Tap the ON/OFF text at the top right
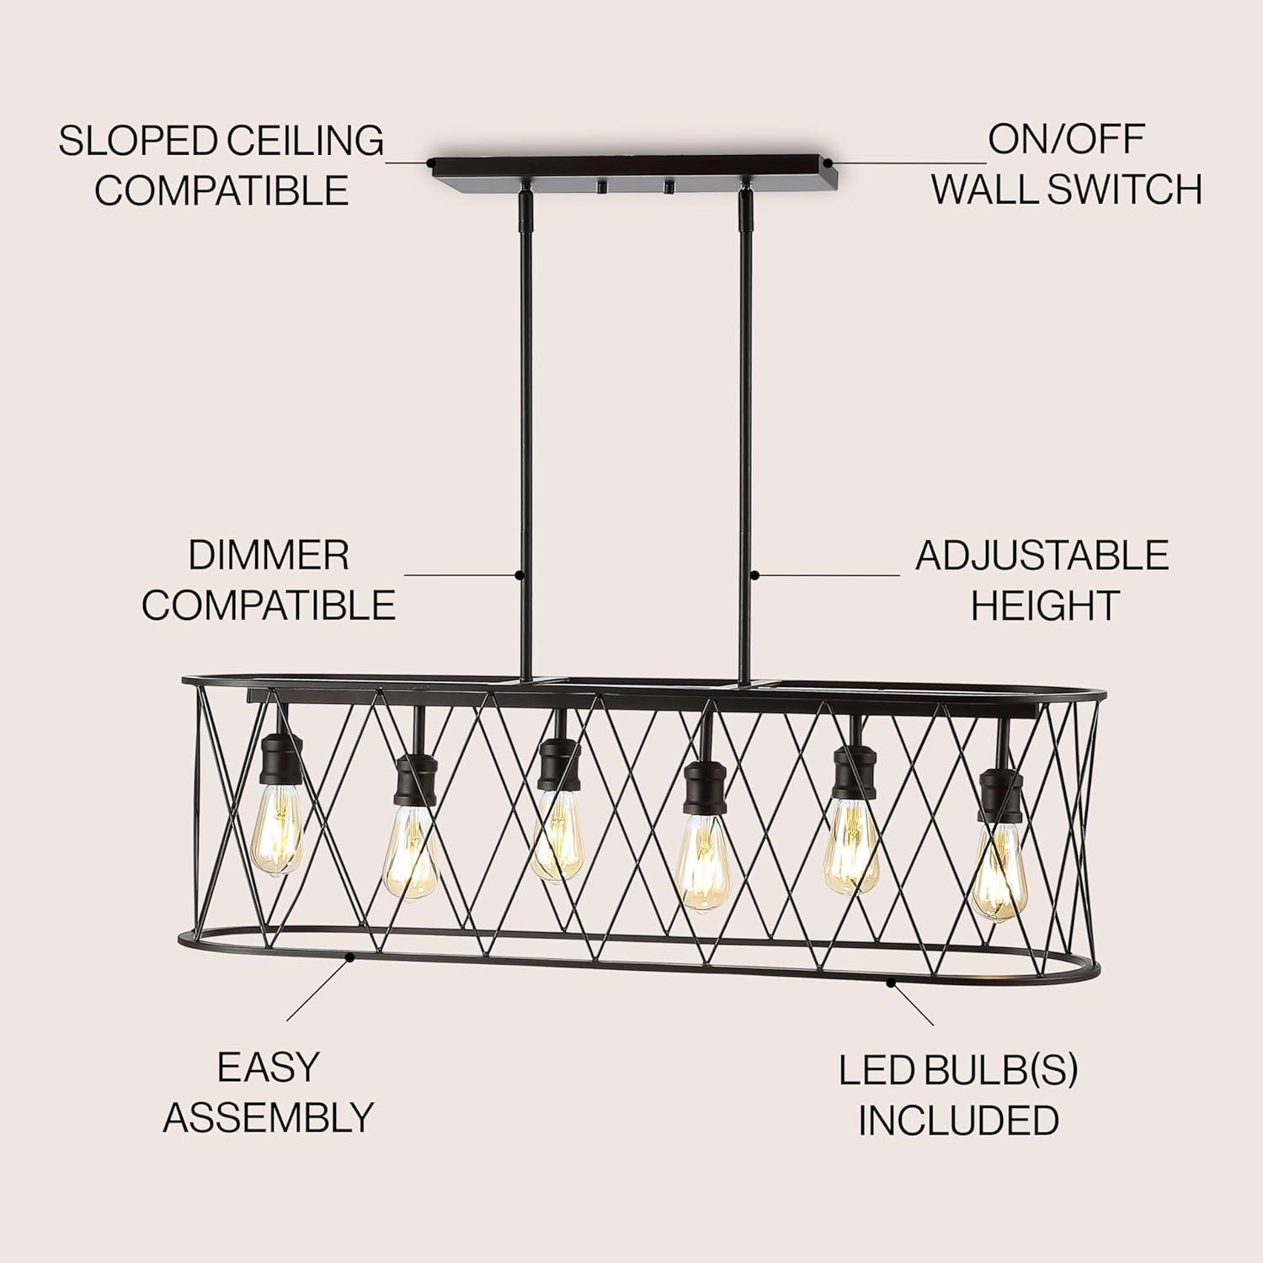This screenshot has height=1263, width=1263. tap(1066, 140)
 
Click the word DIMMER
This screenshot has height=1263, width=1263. tap(268, 556)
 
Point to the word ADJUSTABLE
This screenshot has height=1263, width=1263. tap(1042, 556)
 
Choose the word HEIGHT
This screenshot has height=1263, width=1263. tap(1044, 605)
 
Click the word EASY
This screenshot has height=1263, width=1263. tap(269, 1068)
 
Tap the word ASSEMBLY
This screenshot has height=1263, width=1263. tap(269, 1117)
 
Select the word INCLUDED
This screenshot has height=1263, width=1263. tap(958, 1120)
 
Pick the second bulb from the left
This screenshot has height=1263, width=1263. tap(410, 857)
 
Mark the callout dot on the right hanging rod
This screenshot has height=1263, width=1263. tap(755, 575)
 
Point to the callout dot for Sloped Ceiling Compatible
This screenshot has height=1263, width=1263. tap(430, 161)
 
